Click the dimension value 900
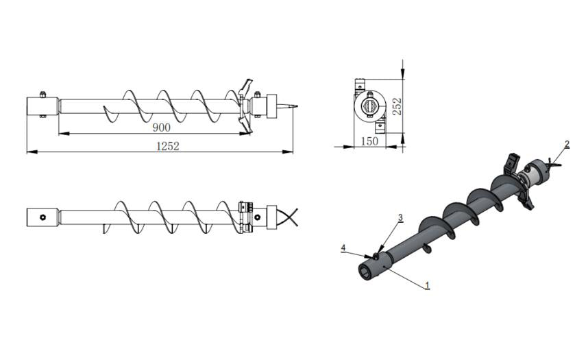(x=161, y=128)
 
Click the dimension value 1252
(x=168, y=146)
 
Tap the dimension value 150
(x=369, y=141)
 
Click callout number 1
(x=427, y=285)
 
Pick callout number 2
(x=567, y=144)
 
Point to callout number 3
(x=400, y=217)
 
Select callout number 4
(x=343, y=248)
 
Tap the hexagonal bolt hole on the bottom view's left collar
(x=42, y=217)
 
